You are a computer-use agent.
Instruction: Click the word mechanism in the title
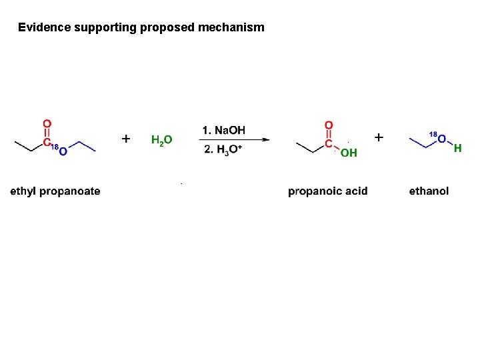click(234, 27)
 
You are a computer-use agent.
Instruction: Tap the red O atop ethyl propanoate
click(47, 123)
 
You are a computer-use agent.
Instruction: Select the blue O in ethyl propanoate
click(63, 152)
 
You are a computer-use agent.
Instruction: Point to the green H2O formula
click(161, 140)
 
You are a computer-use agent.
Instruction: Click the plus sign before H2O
click(126, 139)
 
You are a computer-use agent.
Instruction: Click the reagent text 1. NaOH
click(224, 129)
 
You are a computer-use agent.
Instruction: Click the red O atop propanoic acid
click(328, 125)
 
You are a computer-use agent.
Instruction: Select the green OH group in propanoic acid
click(349, 153)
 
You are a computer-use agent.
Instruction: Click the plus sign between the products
click(379, 137)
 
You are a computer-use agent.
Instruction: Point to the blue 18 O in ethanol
click(441, 138)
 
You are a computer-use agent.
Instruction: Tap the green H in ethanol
click(457, 149)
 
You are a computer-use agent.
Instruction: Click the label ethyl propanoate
click(55, 191)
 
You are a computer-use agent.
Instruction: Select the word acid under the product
click(355, 191)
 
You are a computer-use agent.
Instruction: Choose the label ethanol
click(429, 191)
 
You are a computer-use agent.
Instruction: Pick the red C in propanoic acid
click(328, 143)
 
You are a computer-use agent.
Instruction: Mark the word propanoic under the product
click(313, 191)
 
